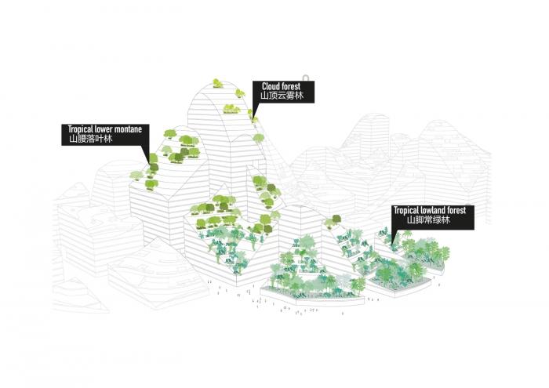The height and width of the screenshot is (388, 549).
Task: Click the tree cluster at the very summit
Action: (217, 82)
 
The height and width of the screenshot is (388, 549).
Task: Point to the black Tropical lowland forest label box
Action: (432, 216)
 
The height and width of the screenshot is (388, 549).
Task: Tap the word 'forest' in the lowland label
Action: (458, 211)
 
